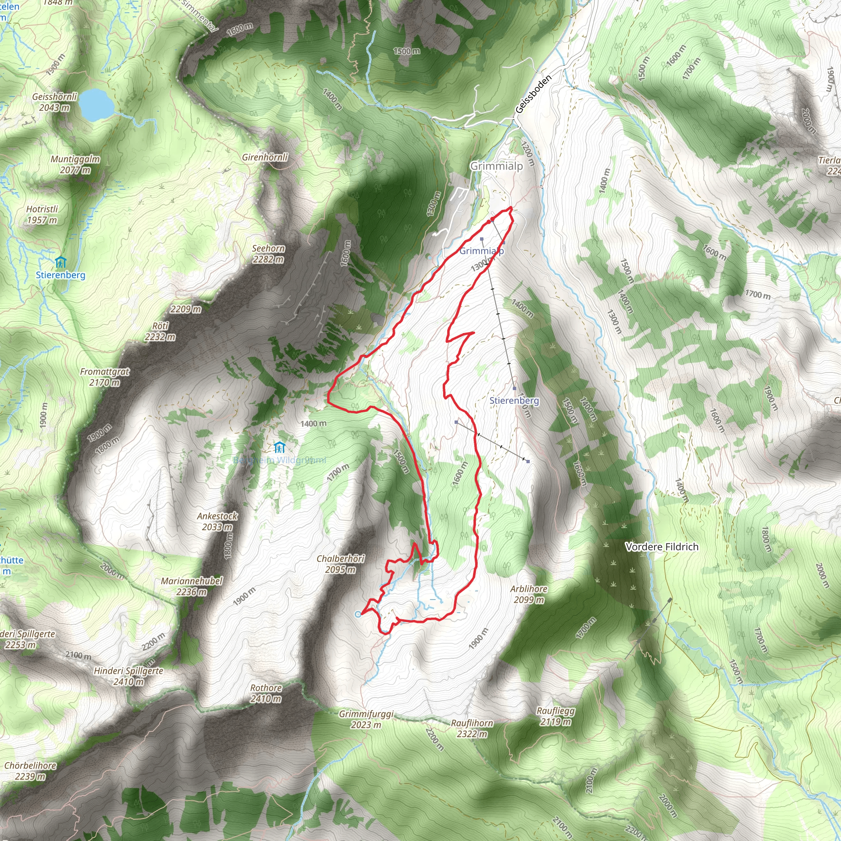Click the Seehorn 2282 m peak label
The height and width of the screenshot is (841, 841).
coord(269,254)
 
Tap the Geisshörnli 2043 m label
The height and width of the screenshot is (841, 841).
coord(55,102)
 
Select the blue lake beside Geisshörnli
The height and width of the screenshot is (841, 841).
coord(94,104)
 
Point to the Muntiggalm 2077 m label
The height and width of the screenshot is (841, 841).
coord(75,165)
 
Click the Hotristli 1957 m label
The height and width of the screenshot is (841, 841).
coord(42,215)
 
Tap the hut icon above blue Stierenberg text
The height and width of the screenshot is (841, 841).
coord(60,262)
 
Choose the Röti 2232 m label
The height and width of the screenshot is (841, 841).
coord(160,331)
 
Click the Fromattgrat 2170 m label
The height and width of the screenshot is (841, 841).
coord(104,377)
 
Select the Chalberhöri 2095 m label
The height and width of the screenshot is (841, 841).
coord(340,564)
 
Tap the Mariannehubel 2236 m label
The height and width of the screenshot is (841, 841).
coord(191,586)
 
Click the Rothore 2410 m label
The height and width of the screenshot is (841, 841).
coord(266,694)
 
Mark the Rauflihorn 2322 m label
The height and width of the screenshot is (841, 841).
coord(472,728)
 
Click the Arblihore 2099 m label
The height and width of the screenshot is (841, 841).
coord(529,594)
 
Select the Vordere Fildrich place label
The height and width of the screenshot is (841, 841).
coord(662,547)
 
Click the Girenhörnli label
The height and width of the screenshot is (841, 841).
coord(265,157)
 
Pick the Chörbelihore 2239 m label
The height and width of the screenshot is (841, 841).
coord(30,770)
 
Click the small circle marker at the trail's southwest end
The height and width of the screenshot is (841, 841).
coord(358,614)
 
